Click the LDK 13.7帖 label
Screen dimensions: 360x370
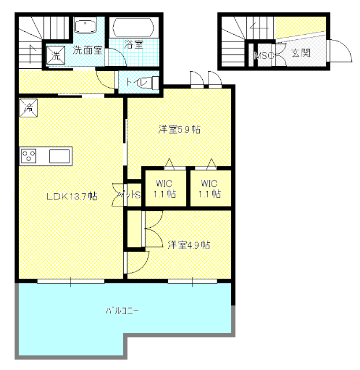point(72,196)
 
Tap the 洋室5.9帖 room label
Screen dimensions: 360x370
point(179,129)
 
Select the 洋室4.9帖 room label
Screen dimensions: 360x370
point(189,245)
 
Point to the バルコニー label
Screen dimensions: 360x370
point(122,310)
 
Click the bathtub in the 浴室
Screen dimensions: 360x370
point(133,28)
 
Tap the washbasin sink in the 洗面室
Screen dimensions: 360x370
point(85,27)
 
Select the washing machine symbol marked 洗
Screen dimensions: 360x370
point(55,55)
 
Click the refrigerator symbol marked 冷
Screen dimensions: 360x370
point(28,108)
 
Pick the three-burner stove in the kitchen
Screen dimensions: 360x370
point(28,156)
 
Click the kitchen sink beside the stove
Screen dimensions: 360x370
point(60,156)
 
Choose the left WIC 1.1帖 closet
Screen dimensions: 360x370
point(165,188)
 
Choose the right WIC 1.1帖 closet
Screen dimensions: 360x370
point(210,188)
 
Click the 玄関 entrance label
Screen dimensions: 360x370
point(301,53)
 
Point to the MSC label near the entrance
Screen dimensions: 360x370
point(264,55)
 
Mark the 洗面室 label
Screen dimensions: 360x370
point(87,50)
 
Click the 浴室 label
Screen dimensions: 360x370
point(133,44)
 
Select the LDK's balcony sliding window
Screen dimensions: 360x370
point(70,281)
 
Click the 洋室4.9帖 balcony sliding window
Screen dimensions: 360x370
point(192,281)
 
